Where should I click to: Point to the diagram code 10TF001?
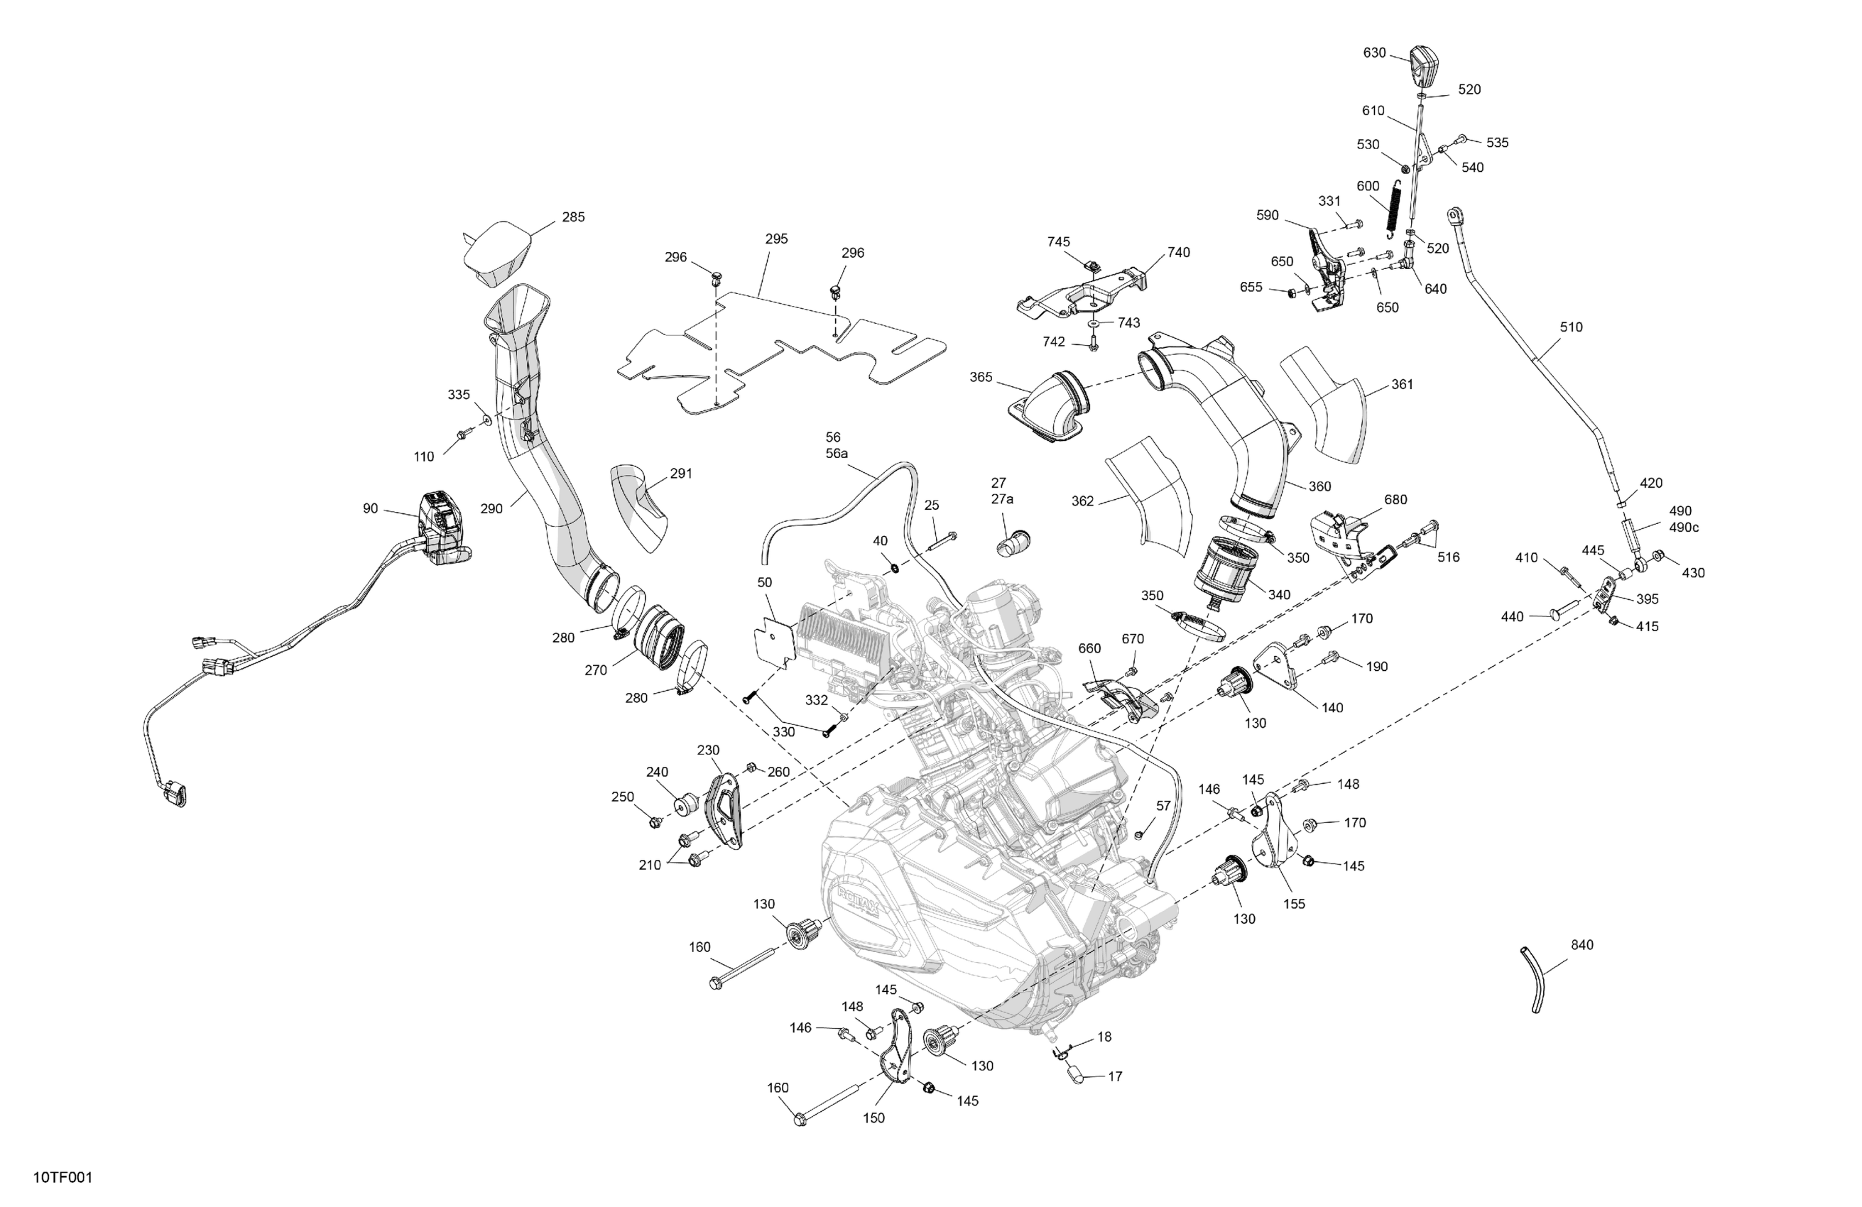tap(62, 1178)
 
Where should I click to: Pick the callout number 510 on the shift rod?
tap(1570, 328)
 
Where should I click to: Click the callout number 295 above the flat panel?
tap(776, 239)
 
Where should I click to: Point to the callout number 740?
tap(1178, 253)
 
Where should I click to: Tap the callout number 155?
tap(1294, 905)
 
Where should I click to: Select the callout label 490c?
tap(1684, 528)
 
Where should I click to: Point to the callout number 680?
tap(1395, 500)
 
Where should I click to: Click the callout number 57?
tap(1163, 806)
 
